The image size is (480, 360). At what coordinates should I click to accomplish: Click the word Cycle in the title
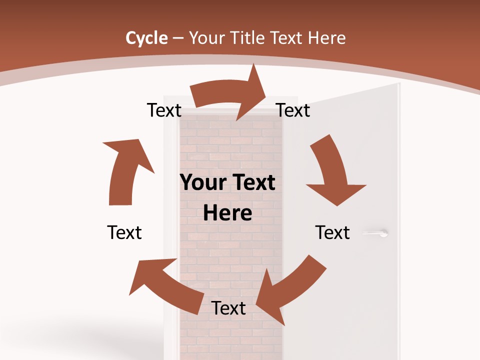pyautogui.click(x=146, y=38)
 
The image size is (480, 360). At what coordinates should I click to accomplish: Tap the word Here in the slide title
pyautogui.click(x=327, y=38)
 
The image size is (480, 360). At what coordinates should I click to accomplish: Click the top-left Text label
pyautogui.click(x=164, y=110)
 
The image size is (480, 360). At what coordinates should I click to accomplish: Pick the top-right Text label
pyautogui.click(x=293, y=110)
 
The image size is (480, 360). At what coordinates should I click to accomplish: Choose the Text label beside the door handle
pyautogui.click(x=332, y=232)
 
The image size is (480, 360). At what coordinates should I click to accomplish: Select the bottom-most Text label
pyautogui.click(x=228, y=308)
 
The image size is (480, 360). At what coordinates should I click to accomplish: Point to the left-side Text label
pyautogui.click(x=124, y=232)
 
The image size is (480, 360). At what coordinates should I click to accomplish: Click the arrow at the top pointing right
pyautogui.click(x=230, y=95)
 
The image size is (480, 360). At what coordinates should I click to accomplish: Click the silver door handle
pyautogui.click(x=376, y=232)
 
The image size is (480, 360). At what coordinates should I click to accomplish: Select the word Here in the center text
pyautogui.click(x=227, y=213)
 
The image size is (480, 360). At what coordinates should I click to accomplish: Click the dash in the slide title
pyautogui.click(x=178, y=38)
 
